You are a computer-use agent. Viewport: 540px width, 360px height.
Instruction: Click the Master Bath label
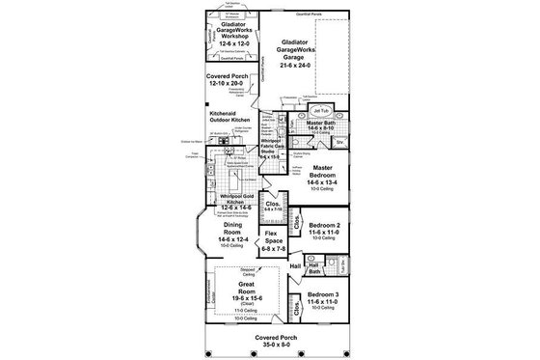tap(326, 125)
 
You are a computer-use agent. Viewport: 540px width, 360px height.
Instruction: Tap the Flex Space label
tap(273, 241)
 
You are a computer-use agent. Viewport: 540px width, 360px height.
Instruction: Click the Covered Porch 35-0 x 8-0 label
tap(270, 339)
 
